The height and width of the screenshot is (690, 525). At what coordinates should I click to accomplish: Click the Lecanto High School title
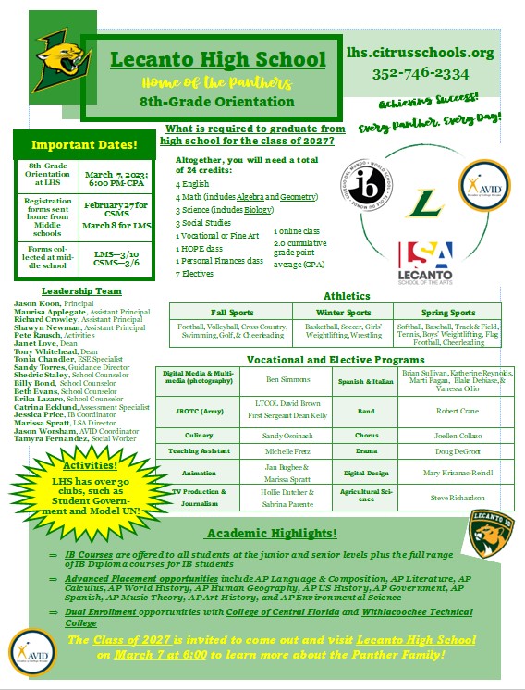[218, 61]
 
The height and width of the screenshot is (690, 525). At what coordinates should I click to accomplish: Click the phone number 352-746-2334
[421, 73]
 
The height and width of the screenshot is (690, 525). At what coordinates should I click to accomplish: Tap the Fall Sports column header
[231, 313]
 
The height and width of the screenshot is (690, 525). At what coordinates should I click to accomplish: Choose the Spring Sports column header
[447, 313]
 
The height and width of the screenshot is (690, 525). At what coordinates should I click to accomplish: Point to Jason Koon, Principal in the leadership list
[56, 302]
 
